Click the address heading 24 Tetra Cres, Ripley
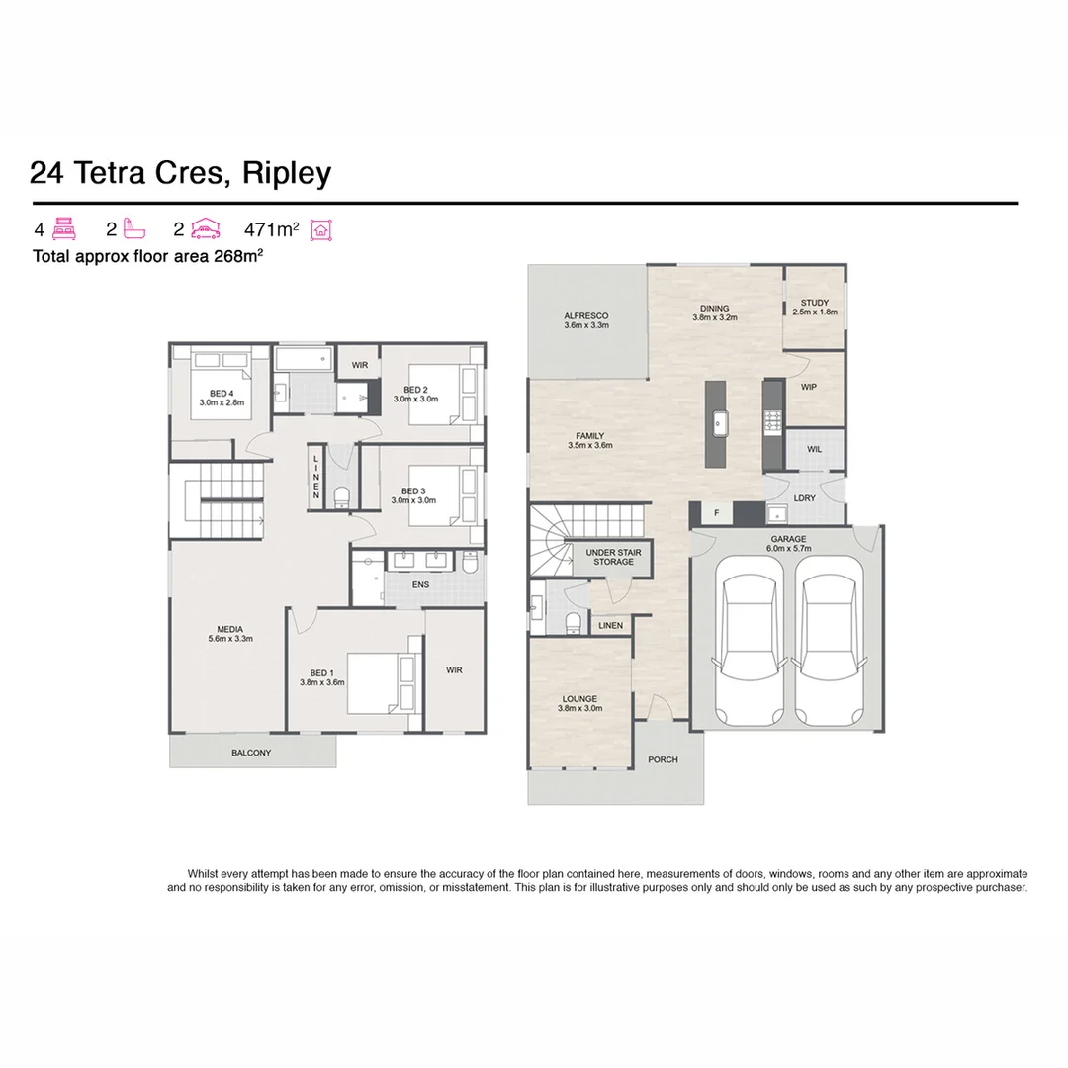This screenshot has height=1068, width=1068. tap(180, 173)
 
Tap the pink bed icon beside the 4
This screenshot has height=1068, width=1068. tap(63, 229)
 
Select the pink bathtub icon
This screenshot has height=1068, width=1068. tap(134, 229)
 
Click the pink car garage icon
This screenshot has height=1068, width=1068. tap(205, 229)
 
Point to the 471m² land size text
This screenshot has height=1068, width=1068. tap(271, 229)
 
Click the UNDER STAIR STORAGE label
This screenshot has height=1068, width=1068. tap(613, 557)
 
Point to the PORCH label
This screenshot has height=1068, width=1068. tap(663, 759)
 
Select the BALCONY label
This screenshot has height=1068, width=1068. tap(251, 753)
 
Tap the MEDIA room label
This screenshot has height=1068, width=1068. tap(230, 634)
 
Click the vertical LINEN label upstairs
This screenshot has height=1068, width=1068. tap(316, 477)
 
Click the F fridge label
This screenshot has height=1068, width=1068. tap(716, 513)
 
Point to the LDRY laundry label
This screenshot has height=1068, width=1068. tap(805, 498)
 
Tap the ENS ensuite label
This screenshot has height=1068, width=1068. tap(420, 584)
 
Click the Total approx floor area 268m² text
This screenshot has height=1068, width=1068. tap(147, 255)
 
